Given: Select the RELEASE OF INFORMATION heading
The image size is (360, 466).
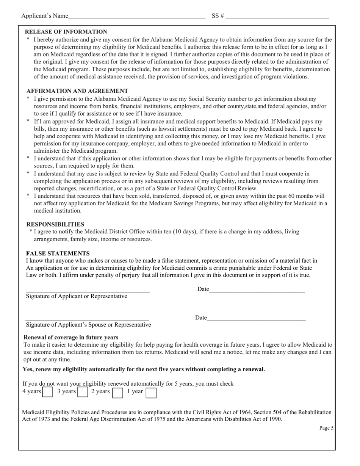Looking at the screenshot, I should pos(66,32).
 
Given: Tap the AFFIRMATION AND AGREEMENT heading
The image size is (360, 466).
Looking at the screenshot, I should pos(77,91).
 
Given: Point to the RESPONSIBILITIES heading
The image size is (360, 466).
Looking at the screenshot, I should pos(55,224).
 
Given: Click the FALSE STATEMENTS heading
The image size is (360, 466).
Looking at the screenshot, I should pos(58,253).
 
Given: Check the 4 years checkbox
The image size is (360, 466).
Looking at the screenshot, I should pos(47,392).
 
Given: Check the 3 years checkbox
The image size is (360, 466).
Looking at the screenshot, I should pos(83,392).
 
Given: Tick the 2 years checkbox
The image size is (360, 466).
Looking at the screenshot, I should pos(118,393).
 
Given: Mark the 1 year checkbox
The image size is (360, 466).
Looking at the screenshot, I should pos(151,393).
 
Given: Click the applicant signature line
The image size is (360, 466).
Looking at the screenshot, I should pos(88,290).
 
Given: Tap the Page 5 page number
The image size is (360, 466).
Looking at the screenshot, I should pos(326,428).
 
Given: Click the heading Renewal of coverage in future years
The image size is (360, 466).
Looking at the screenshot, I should pos(71,337).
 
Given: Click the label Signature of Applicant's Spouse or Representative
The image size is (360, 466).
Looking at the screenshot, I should pos(88,325).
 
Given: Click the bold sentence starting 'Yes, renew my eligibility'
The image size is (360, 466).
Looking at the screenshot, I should pos(144,369).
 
